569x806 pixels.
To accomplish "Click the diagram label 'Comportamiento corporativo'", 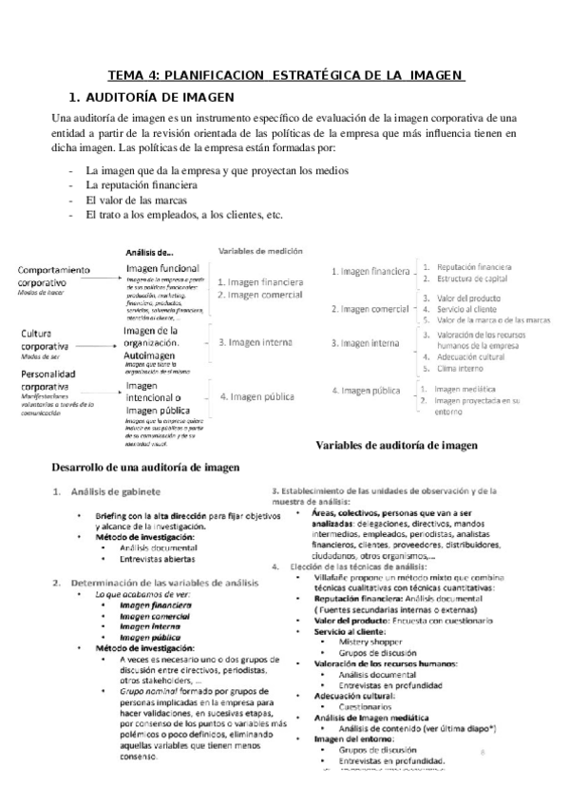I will pos(58,276).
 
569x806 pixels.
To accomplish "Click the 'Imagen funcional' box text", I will pos(162,270).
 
